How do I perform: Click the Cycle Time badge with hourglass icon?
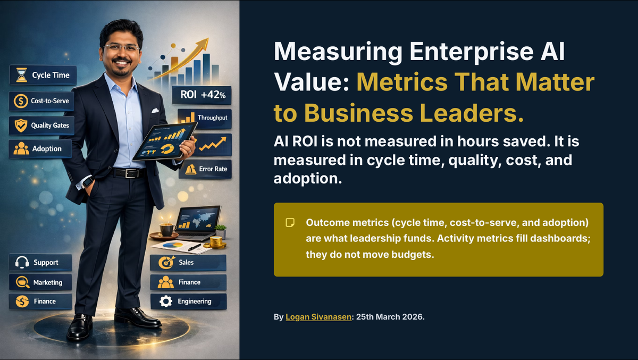[x=43, y=75]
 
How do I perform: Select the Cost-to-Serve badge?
[x=41, y=101]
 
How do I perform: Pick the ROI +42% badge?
[x=202, y=95]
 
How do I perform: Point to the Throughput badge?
[x=204, y=118]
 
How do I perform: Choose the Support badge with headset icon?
[x=40, y=262]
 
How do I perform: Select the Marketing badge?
[x=40, y=282]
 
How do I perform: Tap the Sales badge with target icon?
[x=188, y=262]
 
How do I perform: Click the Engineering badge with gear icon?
[x=188, y=302]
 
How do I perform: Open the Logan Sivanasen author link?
[x=318, y=317]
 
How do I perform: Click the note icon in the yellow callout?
[x=290, y=222]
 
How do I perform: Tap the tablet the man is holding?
[x=165, y=140]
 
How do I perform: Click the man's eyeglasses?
[x=121, y=47]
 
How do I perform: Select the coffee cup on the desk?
[x=167, y=230]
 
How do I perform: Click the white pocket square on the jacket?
[x=155, y=111]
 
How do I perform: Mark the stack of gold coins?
[x=216, y=242]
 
